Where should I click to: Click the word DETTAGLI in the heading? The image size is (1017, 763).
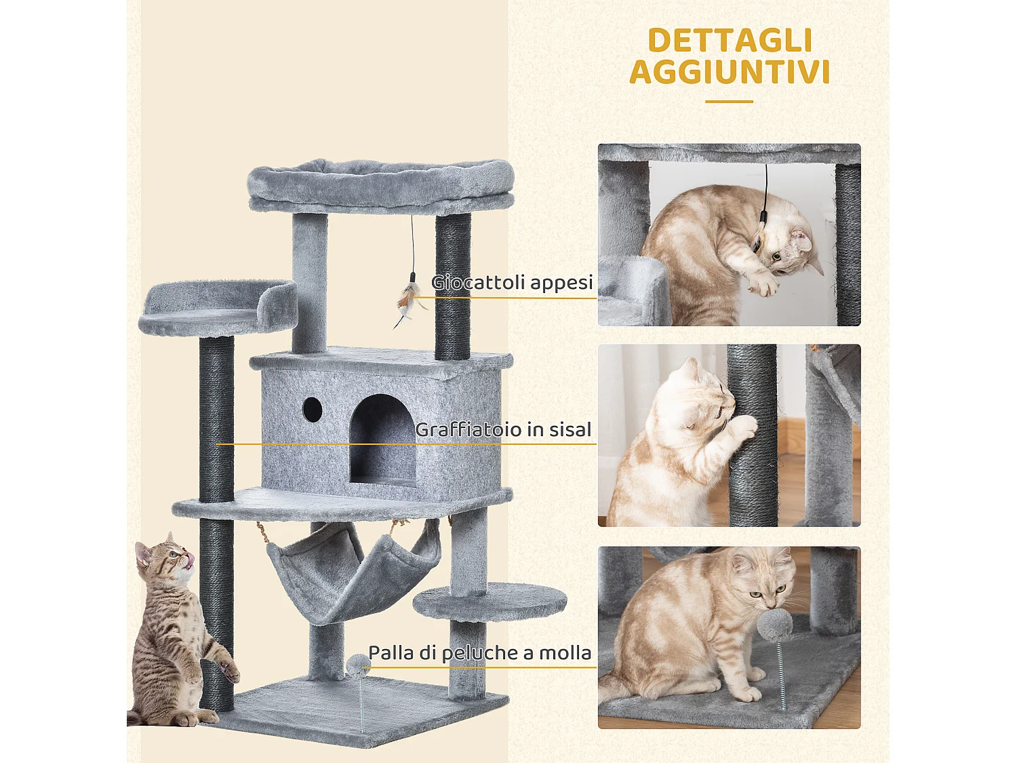(730, 41)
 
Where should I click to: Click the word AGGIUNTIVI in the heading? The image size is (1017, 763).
(730, 73)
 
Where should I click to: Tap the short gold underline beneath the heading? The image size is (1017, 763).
(729, 102)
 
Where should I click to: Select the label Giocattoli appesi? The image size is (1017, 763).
(512, 282)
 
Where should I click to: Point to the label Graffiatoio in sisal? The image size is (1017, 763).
(503, 429)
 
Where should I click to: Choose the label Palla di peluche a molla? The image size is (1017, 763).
(479, 652)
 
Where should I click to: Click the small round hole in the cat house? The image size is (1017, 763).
(312, 408)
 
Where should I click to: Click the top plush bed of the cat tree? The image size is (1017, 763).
(380, 183)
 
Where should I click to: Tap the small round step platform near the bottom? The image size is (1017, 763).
(490, 600)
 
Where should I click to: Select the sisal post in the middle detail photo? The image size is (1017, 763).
(753, 434)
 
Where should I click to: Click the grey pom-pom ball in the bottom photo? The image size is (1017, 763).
(774, 624)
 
